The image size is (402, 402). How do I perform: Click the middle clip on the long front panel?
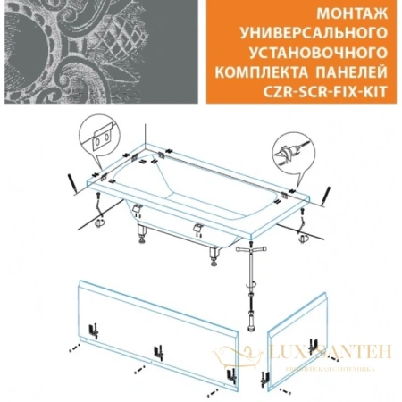[x=162, y=349]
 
